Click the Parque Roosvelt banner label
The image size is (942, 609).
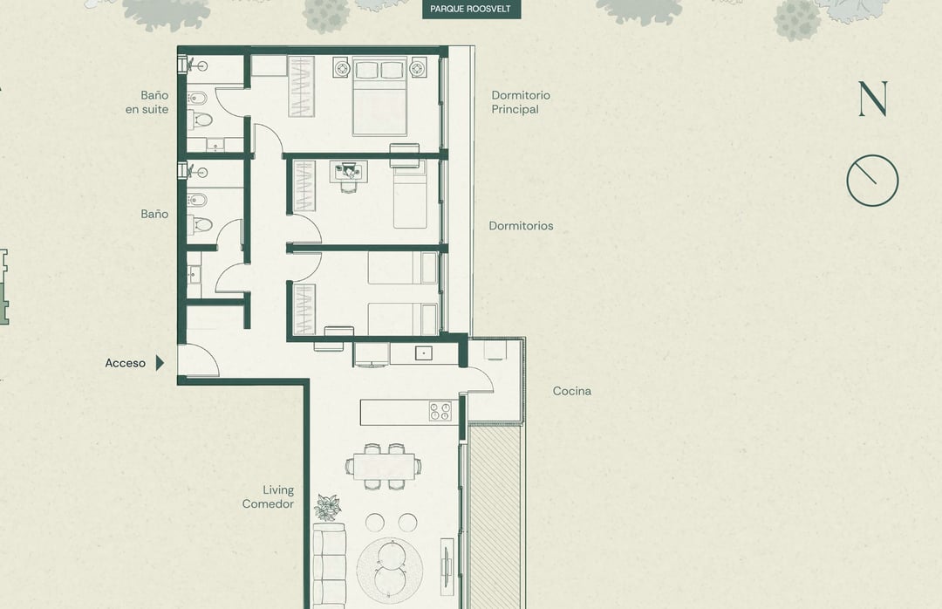pyautogui.click(x=471, y=9)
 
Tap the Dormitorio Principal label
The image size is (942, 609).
pyautogui.click(x=520, y=102)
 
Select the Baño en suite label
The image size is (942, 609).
pyautogui.click(x=147, y=102)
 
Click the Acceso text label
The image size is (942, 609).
pyautogui.click(x=125, y=363)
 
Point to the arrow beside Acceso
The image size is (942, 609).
pyautogui.click(x=160, y=363)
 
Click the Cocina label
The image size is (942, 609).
pyautogui.click(x=572, y=391)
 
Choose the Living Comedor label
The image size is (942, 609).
pyautogui.click(x=268, y=497)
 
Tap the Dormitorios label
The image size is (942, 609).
pyautogui.click(x=521, y=226)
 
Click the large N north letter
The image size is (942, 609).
pyautogui.click(x=873, y=99)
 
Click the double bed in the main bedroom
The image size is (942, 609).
pyautogui.click(x=379, y=96)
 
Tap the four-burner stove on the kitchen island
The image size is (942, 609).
pyautogui.click(x=440, y=411)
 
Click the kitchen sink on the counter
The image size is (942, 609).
pyautogui.click(x=424, y=353)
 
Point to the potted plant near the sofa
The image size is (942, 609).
pyautogui.click(x=327, y=507)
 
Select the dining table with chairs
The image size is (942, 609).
pyautogui.click(x=383, y=467)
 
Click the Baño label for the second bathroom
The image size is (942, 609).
pyautogui.click(x=154, y=214)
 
